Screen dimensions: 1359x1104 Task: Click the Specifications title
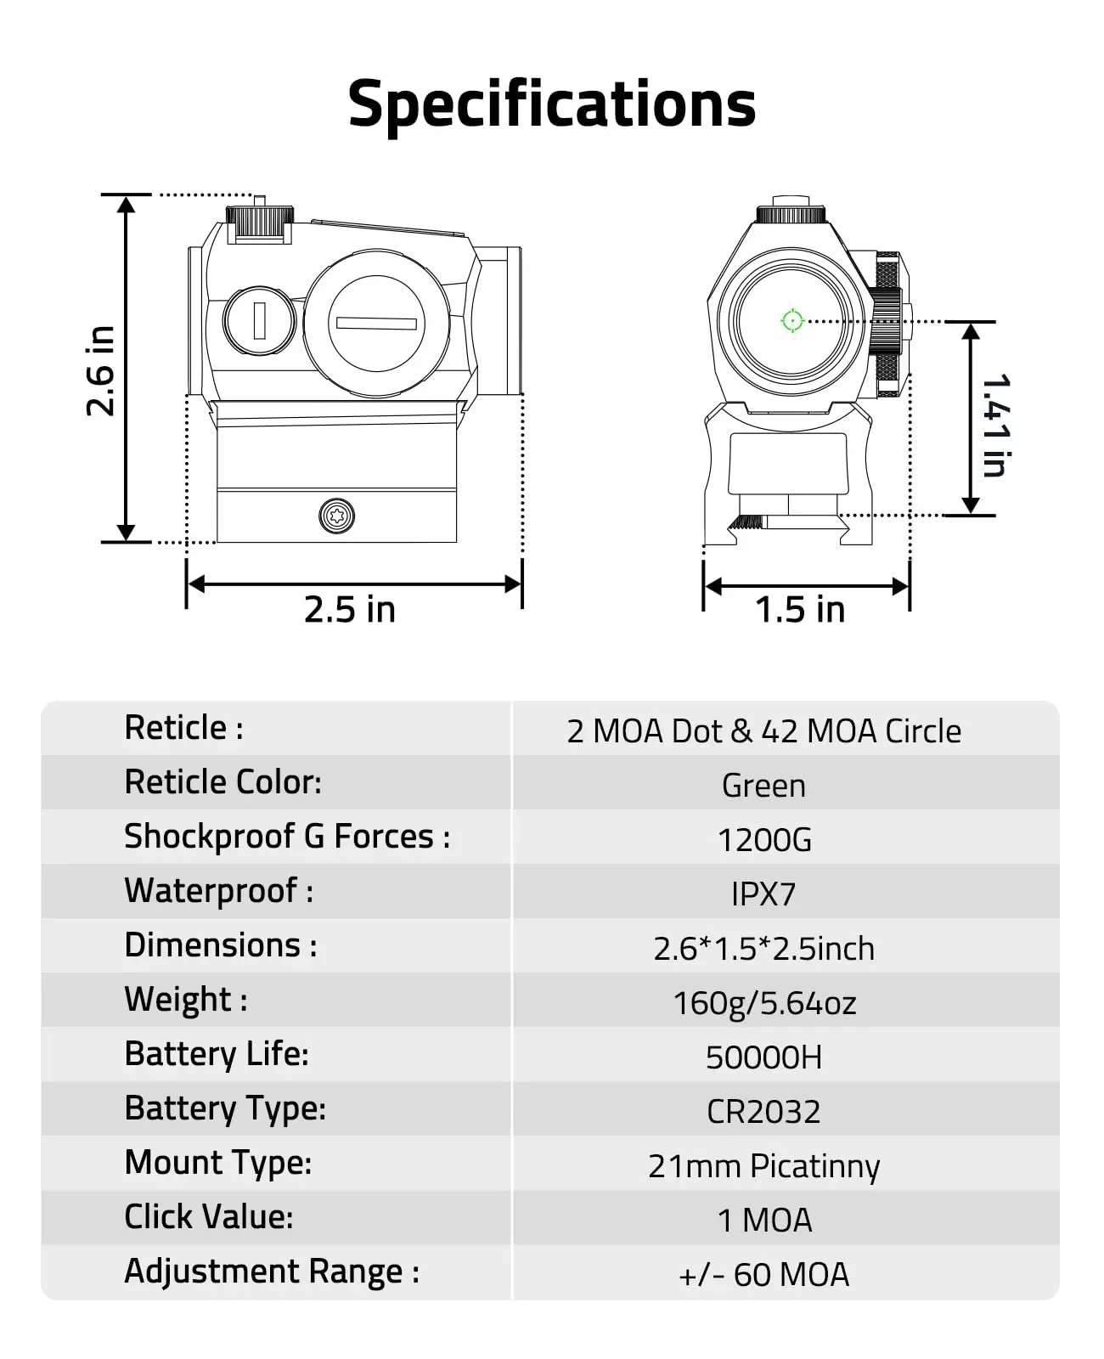pyautogui.click(x=552, y=104)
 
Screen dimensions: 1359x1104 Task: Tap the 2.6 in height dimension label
pyautogui.click(x=100, y=371)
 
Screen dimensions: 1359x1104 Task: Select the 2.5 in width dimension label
pyautogui.click(x=350, y=610)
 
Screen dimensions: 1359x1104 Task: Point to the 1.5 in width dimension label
pyautogui.click(x=800, y=610)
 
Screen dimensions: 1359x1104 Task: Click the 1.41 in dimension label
pyautogui.click(x=994, y=425)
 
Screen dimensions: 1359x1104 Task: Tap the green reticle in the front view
pyautogui.click(x=792, y=321)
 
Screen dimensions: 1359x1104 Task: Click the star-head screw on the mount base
pyautogui.click(x=337, y=515)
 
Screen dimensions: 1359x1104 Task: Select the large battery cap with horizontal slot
pyautogui.click(x=376, y=324)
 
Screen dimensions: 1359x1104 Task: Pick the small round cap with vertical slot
pyautogui.click(x=259, y=321)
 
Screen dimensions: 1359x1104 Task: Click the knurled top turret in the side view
pyautogui.click(x=260, y=222)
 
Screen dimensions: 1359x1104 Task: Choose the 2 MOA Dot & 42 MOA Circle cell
pyautogui.click(x=763, y=731)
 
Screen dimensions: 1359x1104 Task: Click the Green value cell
pyautogui.click(x=763, y=786)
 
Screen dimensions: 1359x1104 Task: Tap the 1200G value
pyautogui.click(x=764, y=840)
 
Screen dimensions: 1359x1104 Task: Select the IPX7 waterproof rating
pyautogui.click(x=763, y=894)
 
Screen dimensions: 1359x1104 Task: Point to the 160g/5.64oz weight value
pyautogui.click(x=764, y=1003)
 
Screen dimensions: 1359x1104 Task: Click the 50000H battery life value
pyautogui.click(x=763, y=1057)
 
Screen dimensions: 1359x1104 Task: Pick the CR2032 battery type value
pyautogui.click(x=763, y=1112)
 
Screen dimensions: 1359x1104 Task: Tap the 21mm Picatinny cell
pyautogui.click(x=763, y=1166)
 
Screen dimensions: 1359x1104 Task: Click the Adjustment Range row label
pyautogui.click(x=272, y=1272)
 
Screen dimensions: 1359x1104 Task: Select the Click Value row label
pyautogui.click(x=209, y=1217)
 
